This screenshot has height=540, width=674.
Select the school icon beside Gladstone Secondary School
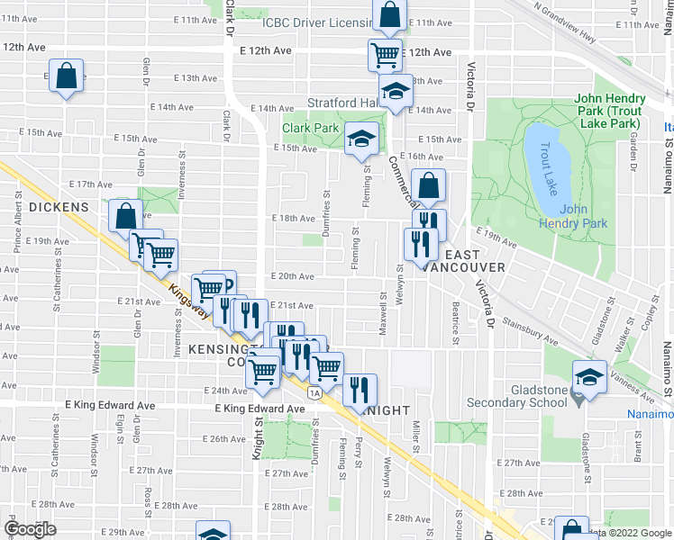[589, 380]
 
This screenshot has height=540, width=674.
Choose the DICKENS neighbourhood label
[59, 207]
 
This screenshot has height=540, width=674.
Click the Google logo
[29, 529]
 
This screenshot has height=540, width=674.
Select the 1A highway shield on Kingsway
[314, 392]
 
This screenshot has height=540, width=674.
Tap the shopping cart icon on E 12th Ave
[385, 54]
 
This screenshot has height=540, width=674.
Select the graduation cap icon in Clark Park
[361, 139]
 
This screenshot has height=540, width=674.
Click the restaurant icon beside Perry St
[359, 390]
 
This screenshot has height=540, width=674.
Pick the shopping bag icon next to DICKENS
[125, 217]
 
